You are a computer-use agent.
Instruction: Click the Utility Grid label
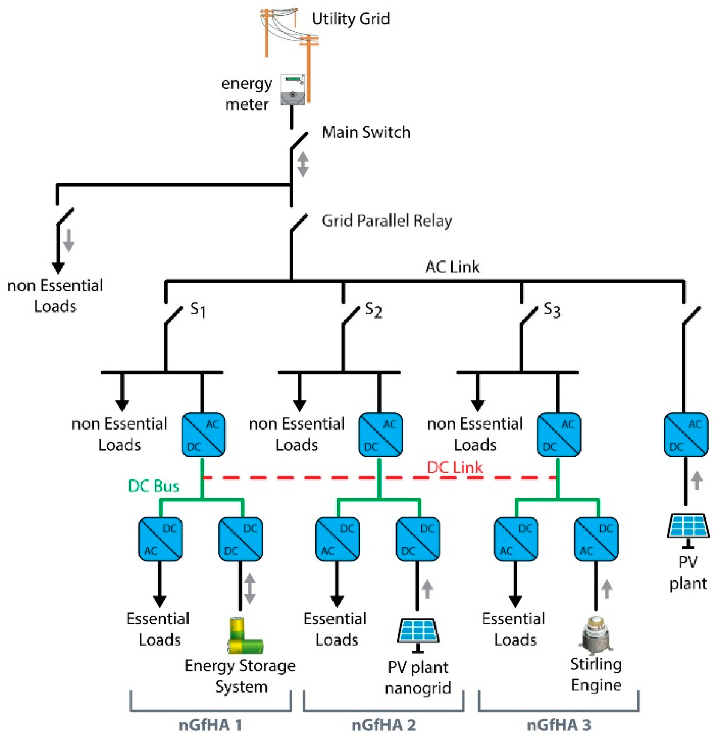click(x=350, y=18)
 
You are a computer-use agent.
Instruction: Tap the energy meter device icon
click(x=292, y=90)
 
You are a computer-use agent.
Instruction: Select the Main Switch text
click(x=366, y=132)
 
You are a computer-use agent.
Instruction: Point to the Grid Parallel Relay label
click(x=386, y=221)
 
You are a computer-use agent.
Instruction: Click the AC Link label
click(x=452, y=267)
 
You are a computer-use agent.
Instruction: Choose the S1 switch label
click(x=197, y=310)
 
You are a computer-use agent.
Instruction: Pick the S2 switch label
click(x=373, y=310)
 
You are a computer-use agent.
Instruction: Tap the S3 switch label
click(x=551, y=310)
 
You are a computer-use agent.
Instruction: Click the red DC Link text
click(x=454, y=467)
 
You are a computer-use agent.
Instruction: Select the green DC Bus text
click(x=153, y=486)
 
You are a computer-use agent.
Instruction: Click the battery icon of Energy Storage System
click(x=245, y=636)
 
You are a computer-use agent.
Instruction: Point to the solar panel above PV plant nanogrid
click(x=418, y=632)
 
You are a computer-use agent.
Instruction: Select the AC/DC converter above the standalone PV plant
click(x=685, y=435)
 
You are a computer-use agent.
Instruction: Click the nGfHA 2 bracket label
click(x=383, y=725)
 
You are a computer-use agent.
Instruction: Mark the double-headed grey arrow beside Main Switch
click(x=302, y=164)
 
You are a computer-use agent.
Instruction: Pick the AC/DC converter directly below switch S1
click(x=203, y=435)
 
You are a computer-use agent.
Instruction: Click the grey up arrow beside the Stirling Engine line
click(x=606, y=589)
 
